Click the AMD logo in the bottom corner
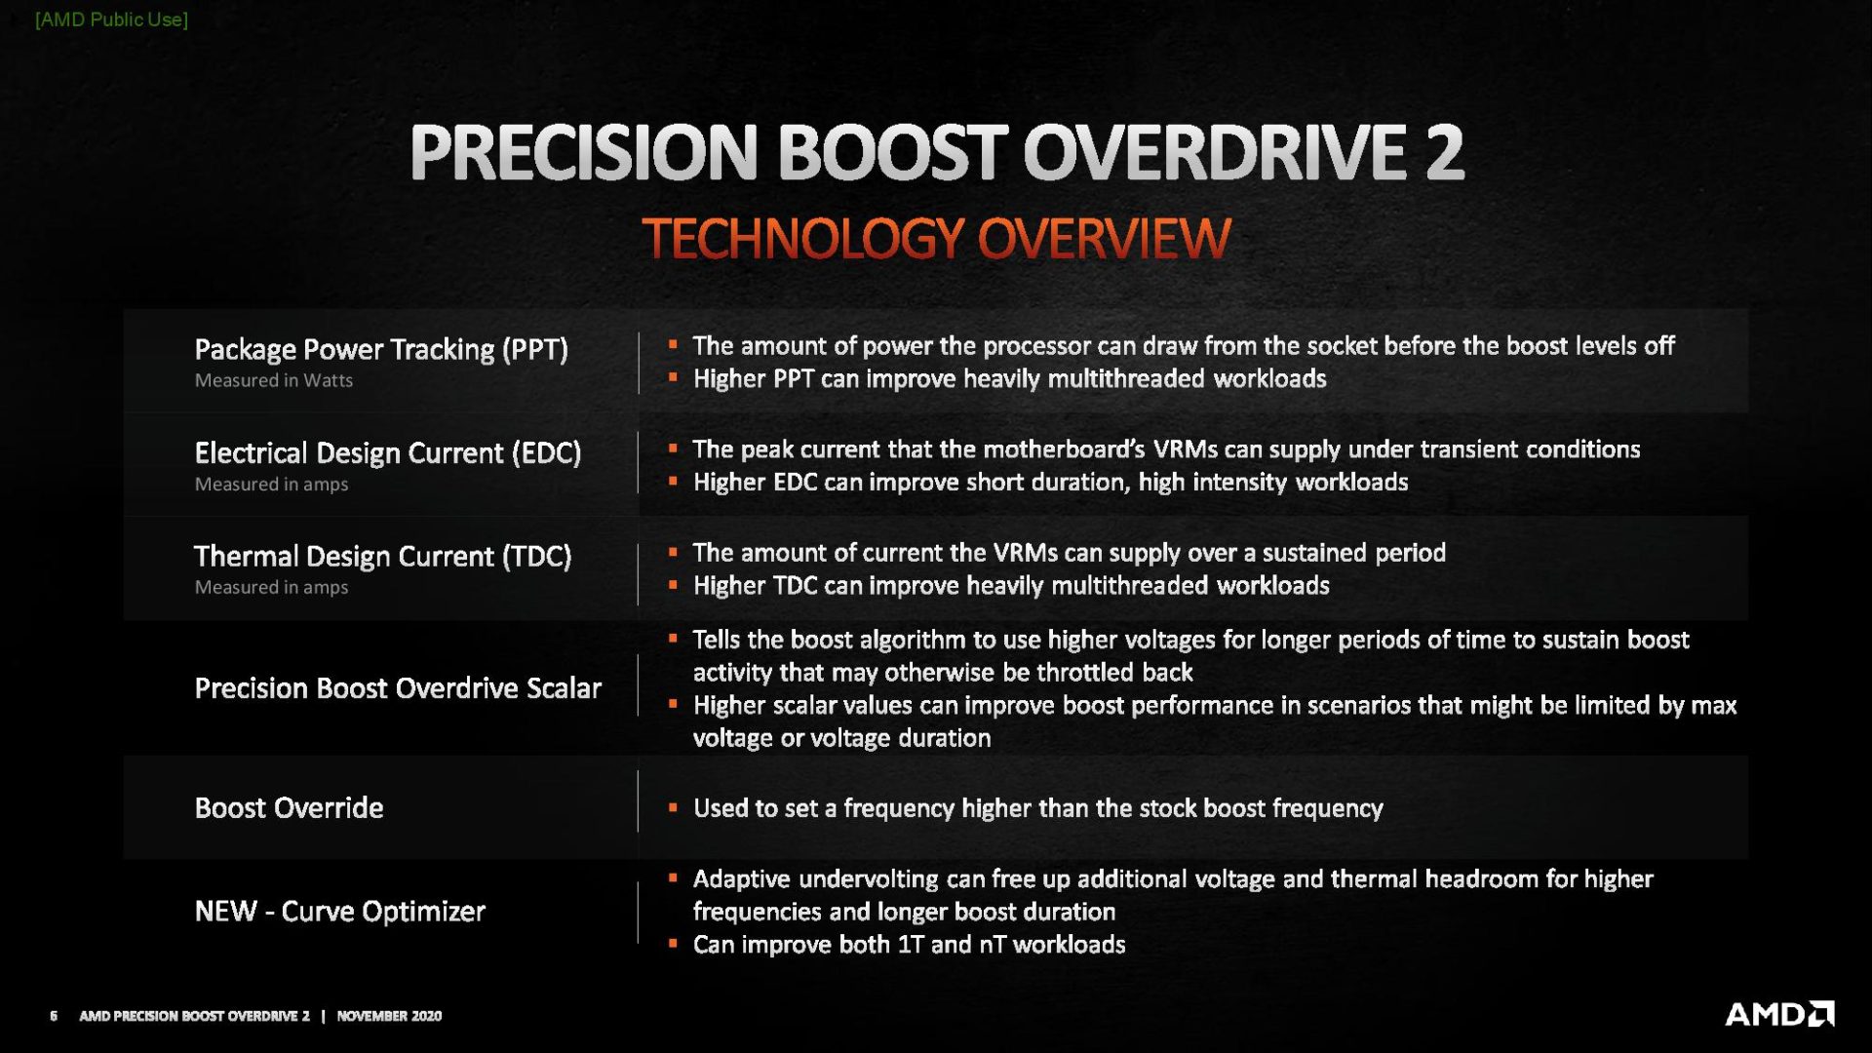tap(1779, 1014)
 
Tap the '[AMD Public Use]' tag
tap(111, 19)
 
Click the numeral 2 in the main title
tap(1444, 152)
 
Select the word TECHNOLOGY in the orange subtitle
tap(803, 239)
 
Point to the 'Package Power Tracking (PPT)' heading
tap(381, 349)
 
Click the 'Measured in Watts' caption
tap(274, 380)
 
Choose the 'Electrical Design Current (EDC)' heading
tap(388, 452)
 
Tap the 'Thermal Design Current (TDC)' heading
tap(383, 556)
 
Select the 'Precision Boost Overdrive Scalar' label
tap(398, 688)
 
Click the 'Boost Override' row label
tap(289, 807)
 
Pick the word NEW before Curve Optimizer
tap(226, 911)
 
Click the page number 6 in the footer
tap(54, 1016)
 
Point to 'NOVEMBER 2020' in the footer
tap(389, 1016)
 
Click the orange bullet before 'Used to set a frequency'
tap(673, 807)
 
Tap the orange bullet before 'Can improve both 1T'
tap(673, 944)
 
